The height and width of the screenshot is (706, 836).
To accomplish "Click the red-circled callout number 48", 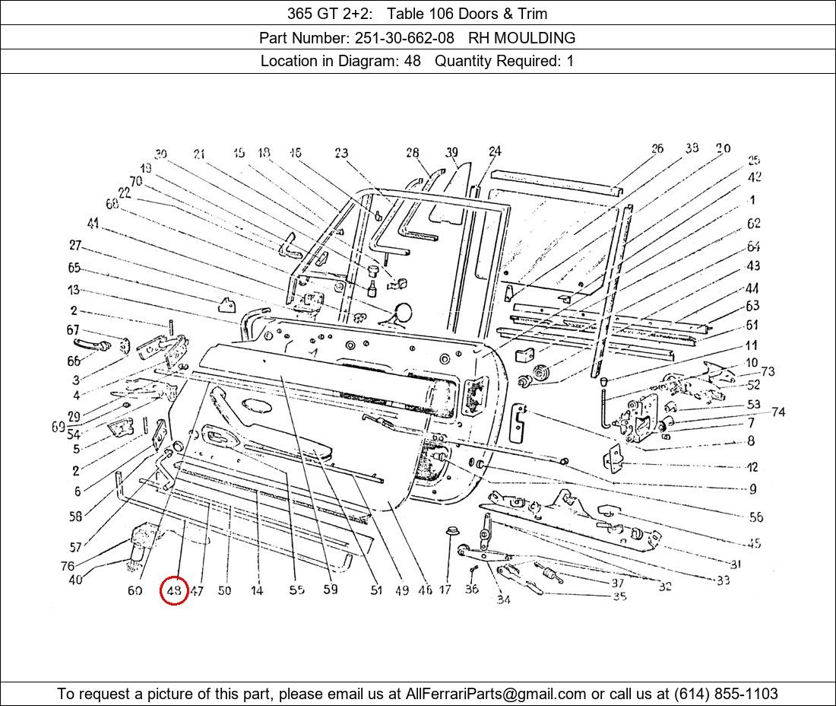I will pos(174,590).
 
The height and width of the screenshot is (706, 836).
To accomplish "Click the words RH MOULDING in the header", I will pos(521,37).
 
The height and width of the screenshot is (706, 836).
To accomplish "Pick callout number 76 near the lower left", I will pos(68,566).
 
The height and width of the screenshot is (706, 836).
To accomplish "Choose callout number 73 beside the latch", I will pos(768,371).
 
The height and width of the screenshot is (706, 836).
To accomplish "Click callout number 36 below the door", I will pos(472,590).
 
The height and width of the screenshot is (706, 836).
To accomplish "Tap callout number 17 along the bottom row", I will pos(445,590).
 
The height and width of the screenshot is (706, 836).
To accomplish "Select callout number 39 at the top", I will pos(452,152).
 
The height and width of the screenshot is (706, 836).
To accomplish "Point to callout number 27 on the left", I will pos(74,245).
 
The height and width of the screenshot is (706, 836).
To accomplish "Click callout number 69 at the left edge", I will pos(59,427).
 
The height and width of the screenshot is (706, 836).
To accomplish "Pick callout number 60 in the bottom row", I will pos(135,590).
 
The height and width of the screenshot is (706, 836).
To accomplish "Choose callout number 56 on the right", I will pos(755,517).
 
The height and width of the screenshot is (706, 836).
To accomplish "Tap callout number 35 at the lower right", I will pos(619,596).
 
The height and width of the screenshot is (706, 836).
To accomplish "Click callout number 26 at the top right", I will pos(657,149).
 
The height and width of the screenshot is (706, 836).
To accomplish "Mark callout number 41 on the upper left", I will pos(93,223).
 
